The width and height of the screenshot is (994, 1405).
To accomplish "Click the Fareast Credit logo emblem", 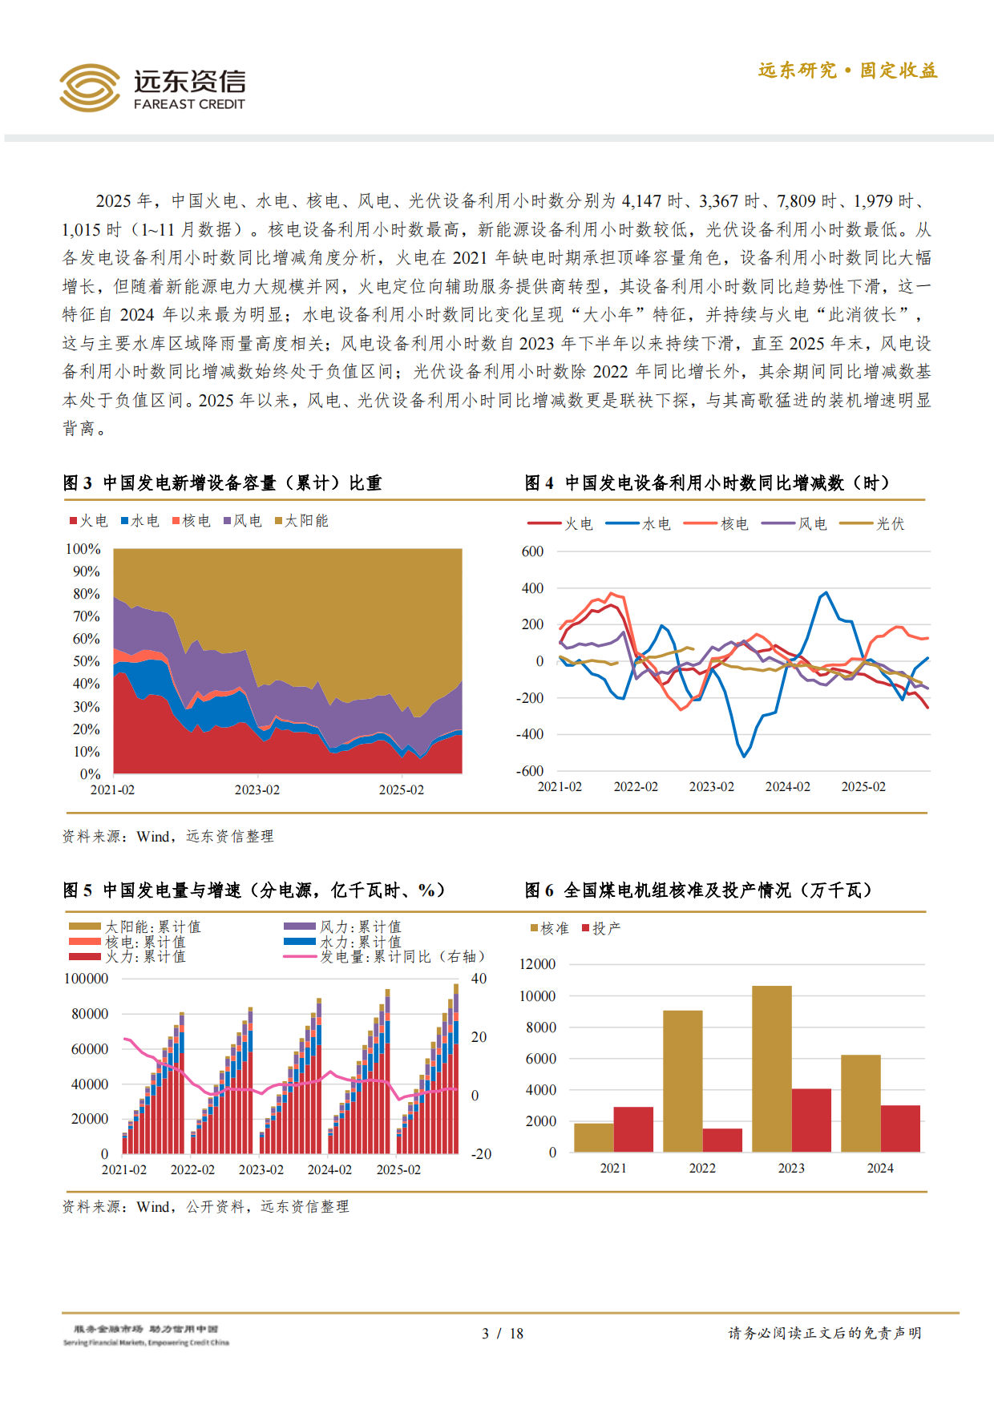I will (89, 88).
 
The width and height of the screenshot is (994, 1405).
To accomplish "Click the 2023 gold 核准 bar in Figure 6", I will (771, 1069).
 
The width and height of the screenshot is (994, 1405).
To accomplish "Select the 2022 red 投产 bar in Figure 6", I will (722, 1140).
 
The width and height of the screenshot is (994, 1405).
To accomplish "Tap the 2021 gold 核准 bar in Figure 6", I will (593, 1137).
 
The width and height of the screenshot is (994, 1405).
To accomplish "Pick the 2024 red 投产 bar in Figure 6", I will (900, 1128).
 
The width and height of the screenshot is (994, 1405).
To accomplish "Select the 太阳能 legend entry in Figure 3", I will (301, 521).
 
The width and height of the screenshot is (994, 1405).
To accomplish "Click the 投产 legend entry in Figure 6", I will (601, 928).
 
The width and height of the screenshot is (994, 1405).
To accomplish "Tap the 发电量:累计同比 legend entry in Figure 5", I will (385, 956).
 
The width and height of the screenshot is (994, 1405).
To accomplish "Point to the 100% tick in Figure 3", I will (83, 549).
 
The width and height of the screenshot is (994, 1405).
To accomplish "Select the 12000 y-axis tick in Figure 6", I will (537, 964).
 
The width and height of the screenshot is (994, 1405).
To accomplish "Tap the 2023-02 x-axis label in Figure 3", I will (257, 789).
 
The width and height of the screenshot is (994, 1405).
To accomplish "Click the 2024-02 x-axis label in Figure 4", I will (787, 786).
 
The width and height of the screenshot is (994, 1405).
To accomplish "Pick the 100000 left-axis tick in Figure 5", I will (86, 979).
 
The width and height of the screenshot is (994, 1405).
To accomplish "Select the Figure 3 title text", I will (222, 483).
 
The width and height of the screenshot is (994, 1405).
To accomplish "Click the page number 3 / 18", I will (503, 1333).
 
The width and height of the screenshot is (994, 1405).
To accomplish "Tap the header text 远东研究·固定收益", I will (847, 71).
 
